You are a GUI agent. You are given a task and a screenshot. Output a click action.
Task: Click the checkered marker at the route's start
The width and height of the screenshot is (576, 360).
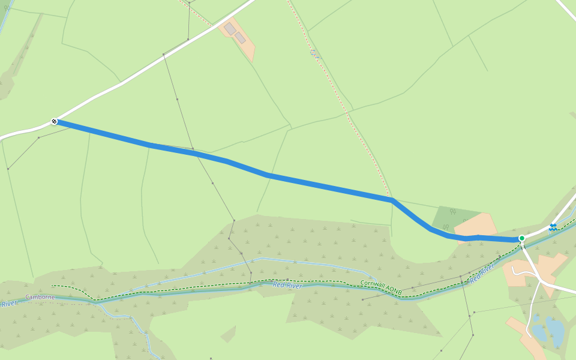(54, 121)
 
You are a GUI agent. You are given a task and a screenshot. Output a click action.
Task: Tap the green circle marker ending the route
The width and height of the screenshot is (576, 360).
(522, 238)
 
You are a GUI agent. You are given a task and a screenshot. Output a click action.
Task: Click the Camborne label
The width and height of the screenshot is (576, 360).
(40, 297)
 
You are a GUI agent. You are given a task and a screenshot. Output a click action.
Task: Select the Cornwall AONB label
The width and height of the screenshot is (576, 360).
(381, 286)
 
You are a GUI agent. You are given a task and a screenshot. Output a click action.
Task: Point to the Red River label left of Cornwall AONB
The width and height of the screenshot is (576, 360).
(287, 284)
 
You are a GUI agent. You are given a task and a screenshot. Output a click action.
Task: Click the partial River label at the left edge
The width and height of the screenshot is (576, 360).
(8, 304)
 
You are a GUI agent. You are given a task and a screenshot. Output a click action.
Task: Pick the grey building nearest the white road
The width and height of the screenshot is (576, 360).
(230, 28)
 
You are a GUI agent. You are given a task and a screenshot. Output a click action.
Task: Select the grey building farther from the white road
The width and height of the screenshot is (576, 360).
(240, 38)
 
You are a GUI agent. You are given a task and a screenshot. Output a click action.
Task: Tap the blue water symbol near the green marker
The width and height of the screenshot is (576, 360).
(553, 227)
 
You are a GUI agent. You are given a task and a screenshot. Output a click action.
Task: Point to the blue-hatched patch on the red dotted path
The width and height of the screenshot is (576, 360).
(313, 53)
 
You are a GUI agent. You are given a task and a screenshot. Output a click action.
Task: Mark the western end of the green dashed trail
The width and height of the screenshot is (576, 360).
(53, 286)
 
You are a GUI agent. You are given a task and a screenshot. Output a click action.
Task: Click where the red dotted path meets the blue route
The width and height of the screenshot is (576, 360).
(391, 199)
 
